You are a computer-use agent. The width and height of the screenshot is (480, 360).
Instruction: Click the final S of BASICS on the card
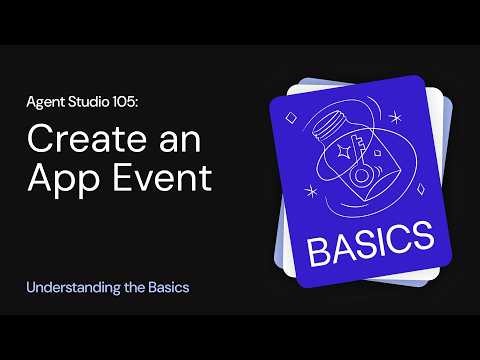coord(421,239)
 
